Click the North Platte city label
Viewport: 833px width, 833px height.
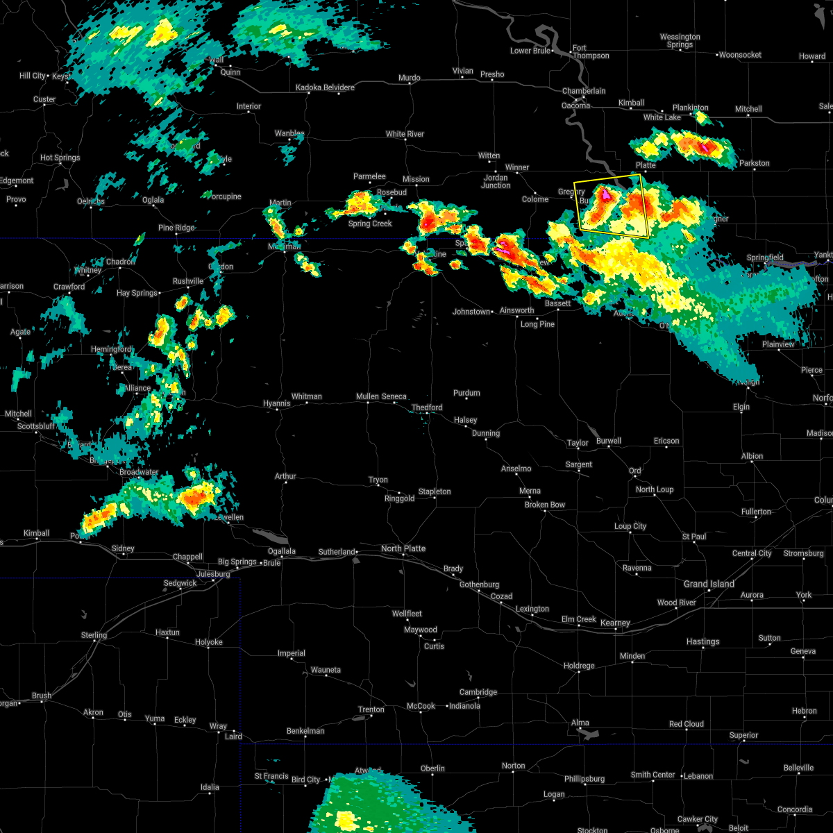tap(403, 548)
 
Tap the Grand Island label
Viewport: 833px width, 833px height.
tap(709, 584)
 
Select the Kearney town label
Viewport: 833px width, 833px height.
tap(615, 623)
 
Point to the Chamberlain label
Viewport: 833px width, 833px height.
tap(584, 91)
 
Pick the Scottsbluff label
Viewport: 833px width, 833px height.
tap(35, 426)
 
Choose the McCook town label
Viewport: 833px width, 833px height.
tap(421, 706)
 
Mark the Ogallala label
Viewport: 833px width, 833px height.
tap(282, 551)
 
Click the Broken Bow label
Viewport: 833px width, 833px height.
tap(545, 505)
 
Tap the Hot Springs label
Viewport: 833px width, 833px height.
tap(60, 158)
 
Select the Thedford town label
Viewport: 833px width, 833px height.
tap(427, 407)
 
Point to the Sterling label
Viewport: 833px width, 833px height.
tap(94, 635)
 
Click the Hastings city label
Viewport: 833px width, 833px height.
tap(703, 641)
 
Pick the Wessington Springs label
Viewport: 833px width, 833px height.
tap(680, 40)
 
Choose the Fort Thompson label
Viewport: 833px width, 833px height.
tap(590, 52)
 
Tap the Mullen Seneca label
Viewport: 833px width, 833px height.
tap(381, 396)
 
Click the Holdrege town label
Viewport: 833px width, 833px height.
tap(579, 666)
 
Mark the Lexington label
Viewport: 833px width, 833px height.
tap(532, 609)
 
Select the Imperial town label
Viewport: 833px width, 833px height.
tap(292, 653)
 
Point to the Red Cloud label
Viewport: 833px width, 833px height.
tap(687, 724)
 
